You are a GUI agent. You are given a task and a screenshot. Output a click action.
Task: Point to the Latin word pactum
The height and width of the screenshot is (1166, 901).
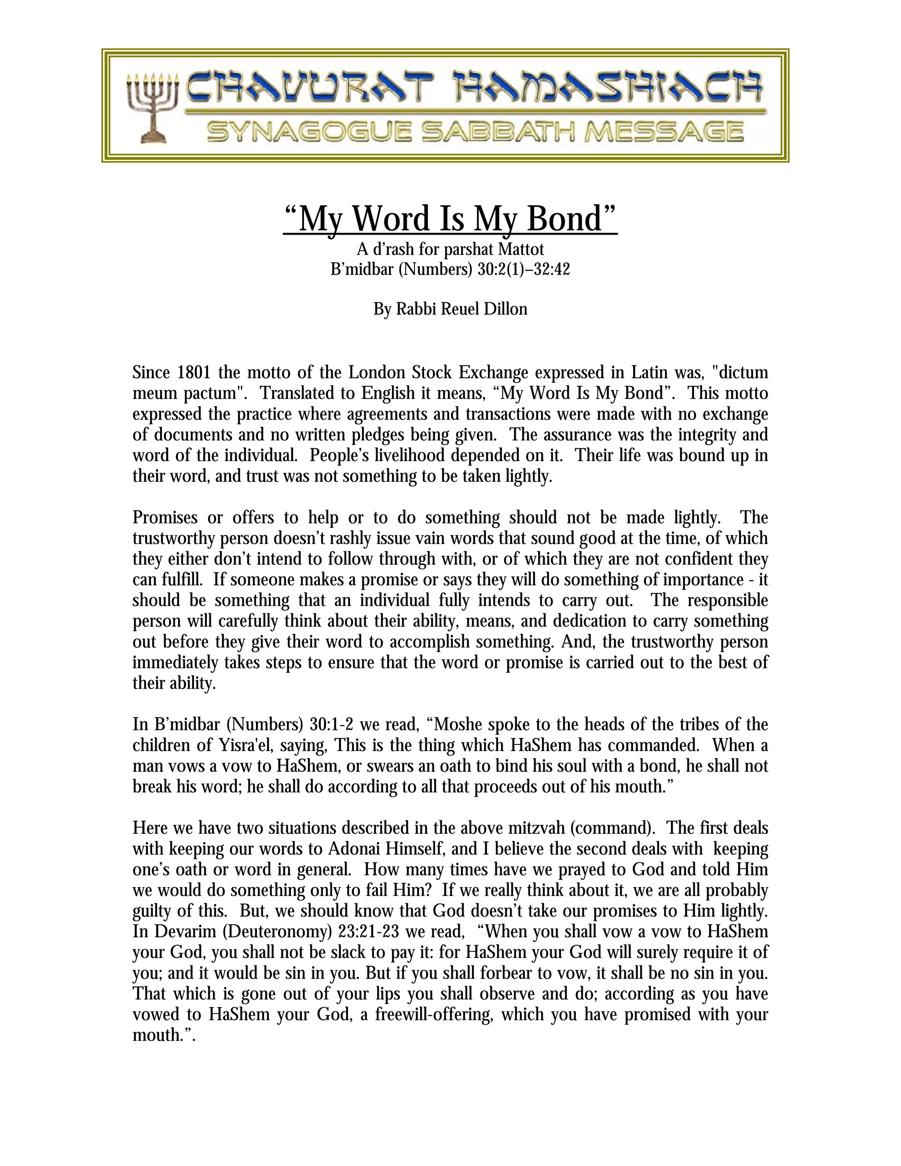click(213, 393)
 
